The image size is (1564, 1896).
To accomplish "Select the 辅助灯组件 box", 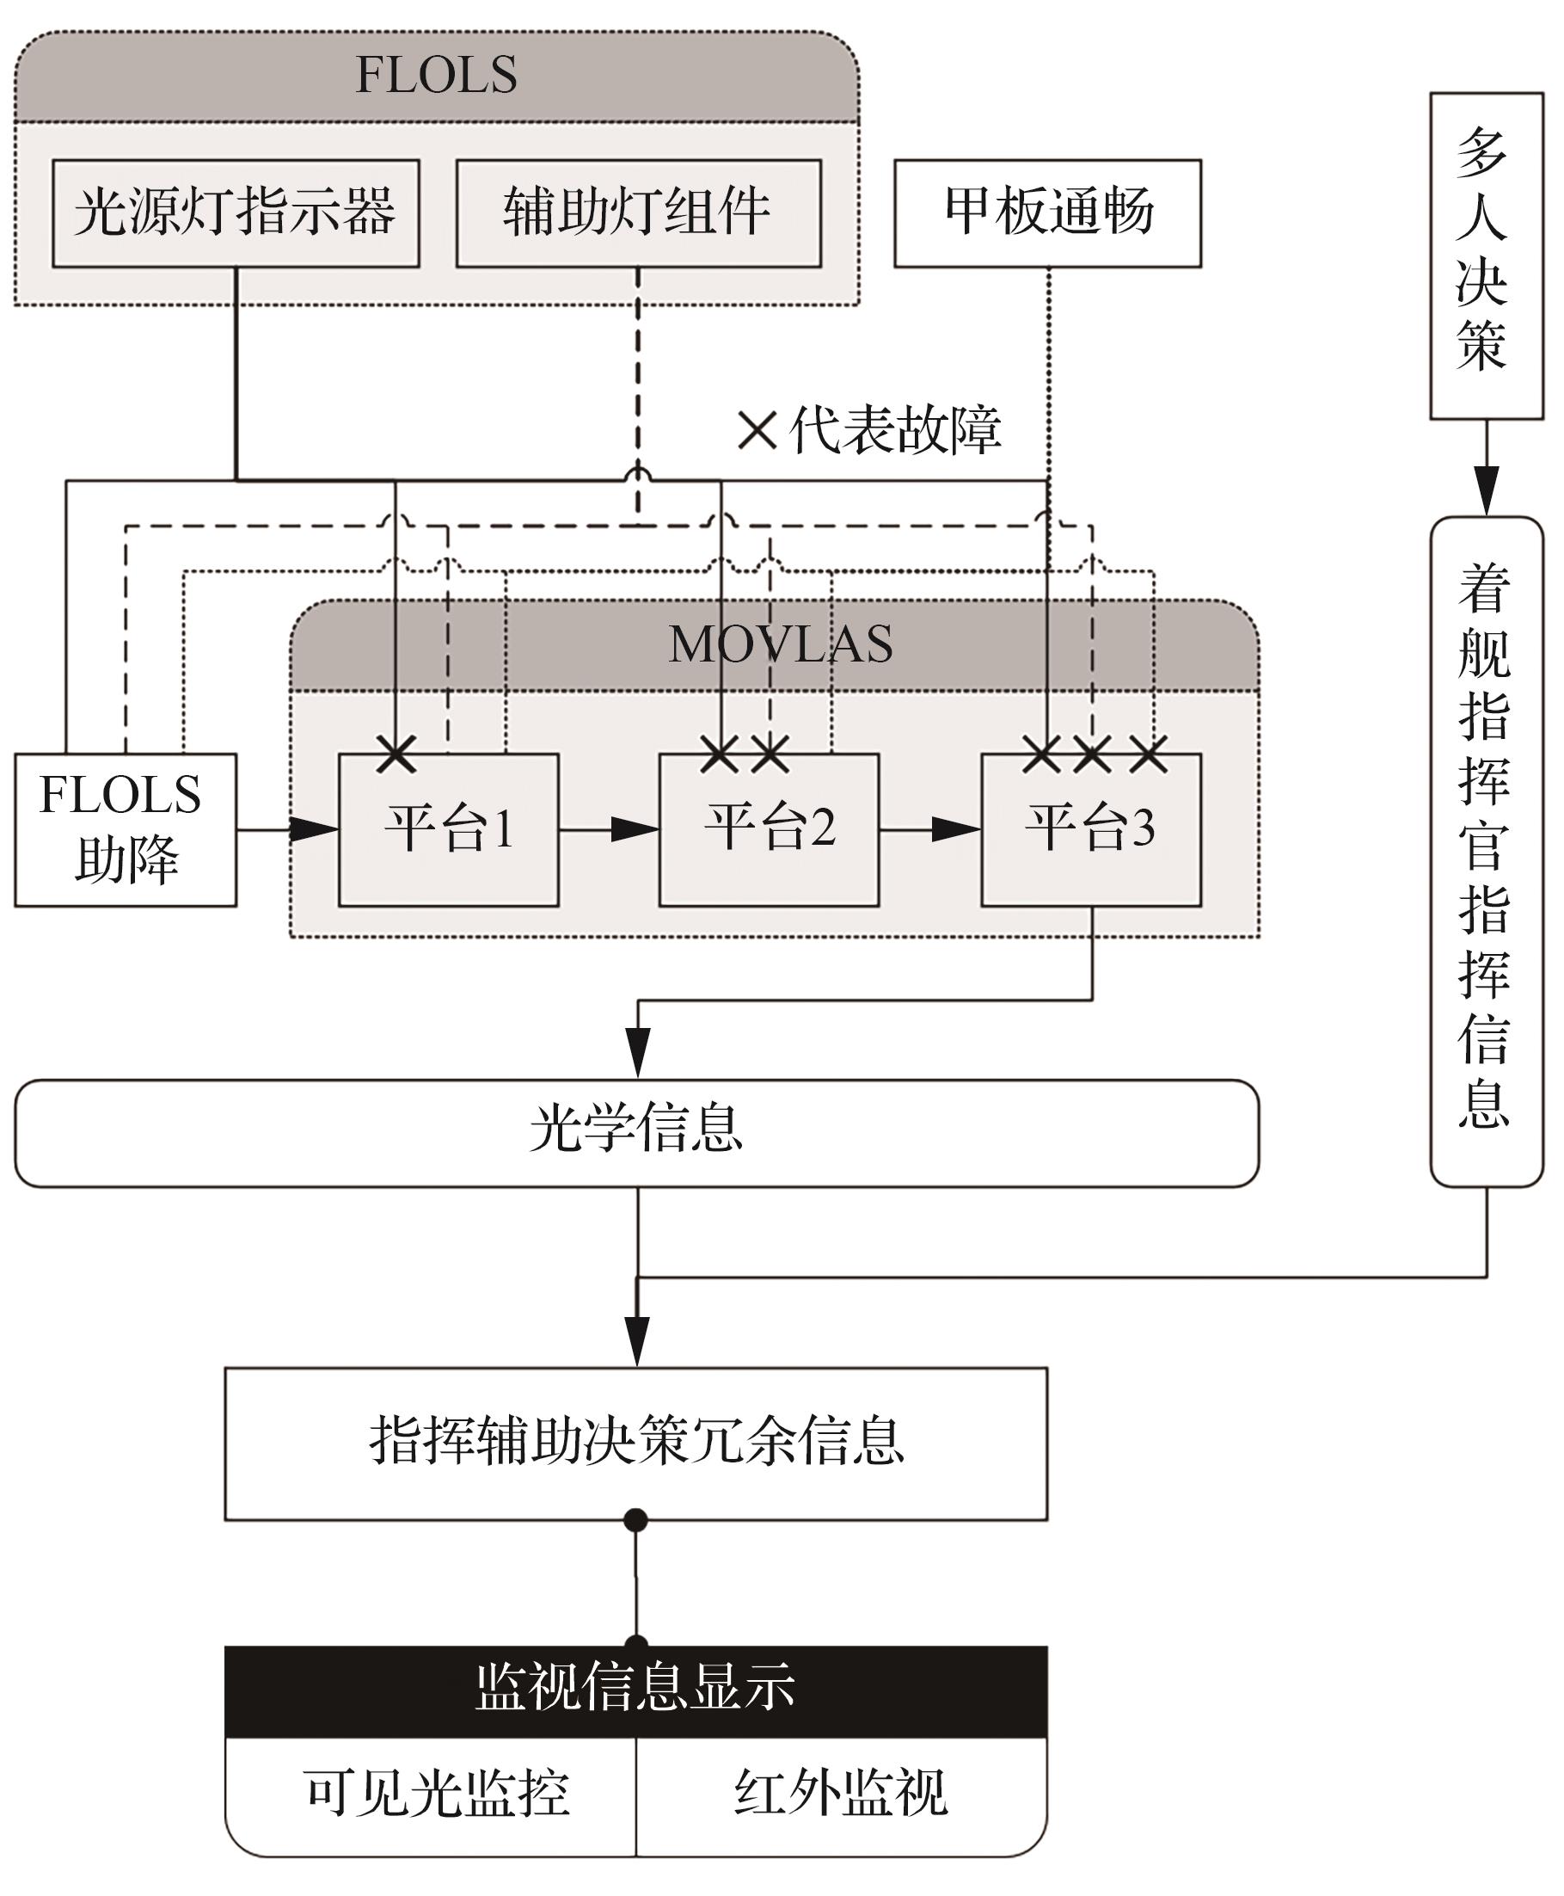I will click(x=638, y=213).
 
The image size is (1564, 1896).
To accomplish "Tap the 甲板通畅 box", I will click(x=1047, y=213).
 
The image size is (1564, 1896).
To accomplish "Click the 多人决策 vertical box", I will click(x=1486, y=255).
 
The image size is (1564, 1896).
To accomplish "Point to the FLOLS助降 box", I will click(x=126, y=829).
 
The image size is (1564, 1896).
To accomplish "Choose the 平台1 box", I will click(x=448, y=829).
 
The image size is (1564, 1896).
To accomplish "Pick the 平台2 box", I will click(x=769, y=829).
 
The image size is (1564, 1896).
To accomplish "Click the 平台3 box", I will click(x=1090, y=829).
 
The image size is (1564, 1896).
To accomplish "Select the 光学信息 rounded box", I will click(x=636, y=1133).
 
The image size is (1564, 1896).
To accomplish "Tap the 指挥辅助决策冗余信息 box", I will click(x=636, y=1443).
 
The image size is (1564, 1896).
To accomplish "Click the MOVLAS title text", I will click(x=780, y=644).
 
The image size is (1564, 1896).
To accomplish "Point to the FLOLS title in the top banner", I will click(x=436, y=75).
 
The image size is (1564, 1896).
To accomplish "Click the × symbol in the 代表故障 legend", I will click(x=757, y=431).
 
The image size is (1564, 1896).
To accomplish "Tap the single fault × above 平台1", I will click(x=396, y=754).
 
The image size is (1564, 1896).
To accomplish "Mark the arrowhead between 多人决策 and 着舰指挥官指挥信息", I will click(x=1486, y=490).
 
